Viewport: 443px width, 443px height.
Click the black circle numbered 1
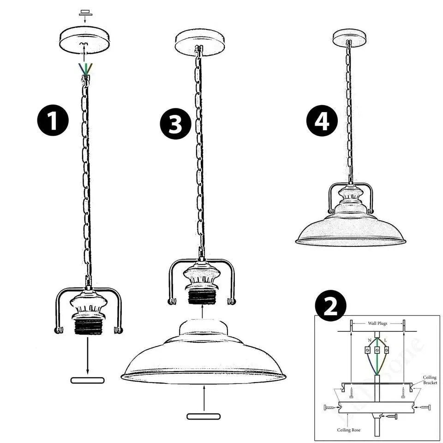(53, 120)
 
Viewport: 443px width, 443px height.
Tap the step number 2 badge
(330, 306)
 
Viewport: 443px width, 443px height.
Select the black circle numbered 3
(175, 124)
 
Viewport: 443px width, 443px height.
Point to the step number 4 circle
(322, 120)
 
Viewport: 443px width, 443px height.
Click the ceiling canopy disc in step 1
(84, 41)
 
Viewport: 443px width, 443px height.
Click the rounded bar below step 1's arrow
(87, 380)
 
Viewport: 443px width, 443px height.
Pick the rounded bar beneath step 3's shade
(204, 416)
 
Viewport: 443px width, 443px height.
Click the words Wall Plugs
(377, 323)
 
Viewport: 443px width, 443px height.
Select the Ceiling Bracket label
(430, 380)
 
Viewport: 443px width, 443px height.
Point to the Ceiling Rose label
(349, 430)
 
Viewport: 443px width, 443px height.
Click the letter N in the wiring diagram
(370, 340)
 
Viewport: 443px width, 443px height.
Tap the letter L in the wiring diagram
(386, 340)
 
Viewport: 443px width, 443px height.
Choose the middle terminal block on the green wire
(377, 350)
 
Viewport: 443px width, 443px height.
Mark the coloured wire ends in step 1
(85, 69)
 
